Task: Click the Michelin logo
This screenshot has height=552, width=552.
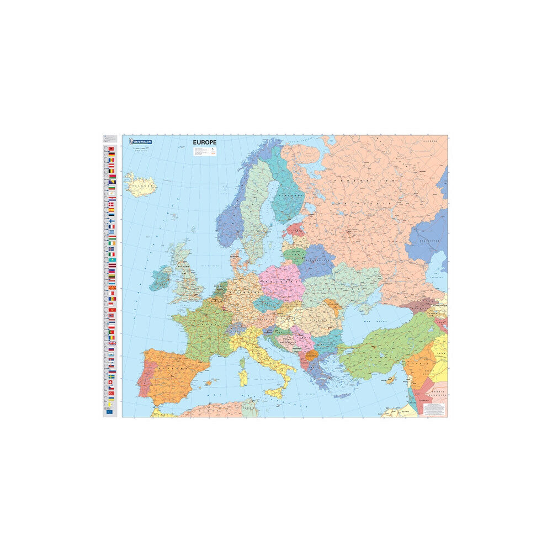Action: tap(141, 142)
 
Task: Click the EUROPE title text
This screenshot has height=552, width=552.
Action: tap(204, 142)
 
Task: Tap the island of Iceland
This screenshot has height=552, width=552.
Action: tap(140, 184)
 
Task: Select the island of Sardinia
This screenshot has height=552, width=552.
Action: tap(242, 379)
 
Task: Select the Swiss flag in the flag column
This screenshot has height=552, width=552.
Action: tap(112, 383)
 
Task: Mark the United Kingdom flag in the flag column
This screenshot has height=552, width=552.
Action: tap(112, 343)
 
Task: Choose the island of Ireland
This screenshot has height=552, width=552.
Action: tap(161, 279)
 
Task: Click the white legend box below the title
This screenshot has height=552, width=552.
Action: tap(203, 152)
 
